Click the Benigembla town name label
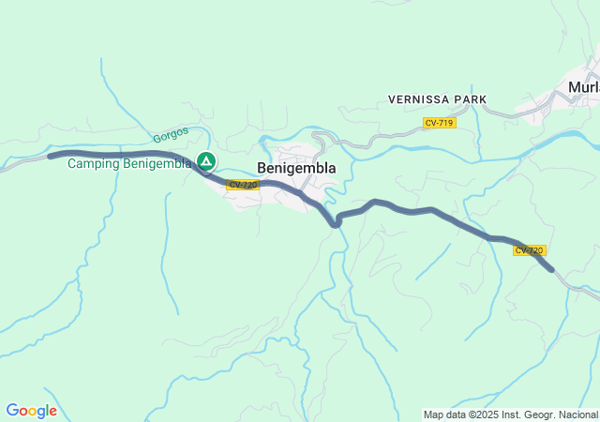296,168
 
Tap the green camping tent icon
205,161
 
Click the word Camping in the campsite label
94,163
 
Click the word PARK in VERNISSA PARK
470,98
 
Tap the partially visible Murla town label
583,87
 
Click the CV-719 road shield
439,123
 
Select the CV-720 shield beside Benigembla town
243,185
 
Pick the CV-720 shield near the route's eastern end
529,250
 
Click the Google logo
31,411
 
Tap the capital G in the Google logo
12,411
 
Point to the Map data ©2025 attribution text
510,414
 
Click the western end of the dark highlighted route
51,155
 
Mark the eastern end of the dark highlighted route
552,269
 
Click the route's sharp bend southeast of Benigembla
336,223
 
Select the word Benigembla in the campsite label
157,163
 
